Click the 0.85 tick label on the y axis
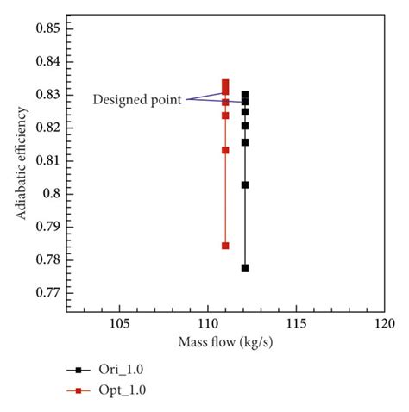(x=46, y=28)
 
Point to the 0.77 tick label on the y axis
(x=46, y=293)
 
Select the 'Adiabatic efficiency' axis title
(x=19, y=161)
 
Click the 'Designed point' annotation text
(x=137, y=100)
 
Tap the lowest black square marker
(x=245, y=268)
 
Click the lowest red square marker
(x=225, y=246)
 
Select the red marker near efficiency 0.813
(x=225, y=150)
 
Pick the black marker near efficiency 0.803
(x=245, y=184)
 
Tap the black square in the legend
(x=79, y=370)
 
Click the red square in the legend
(x=79, y=391)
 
